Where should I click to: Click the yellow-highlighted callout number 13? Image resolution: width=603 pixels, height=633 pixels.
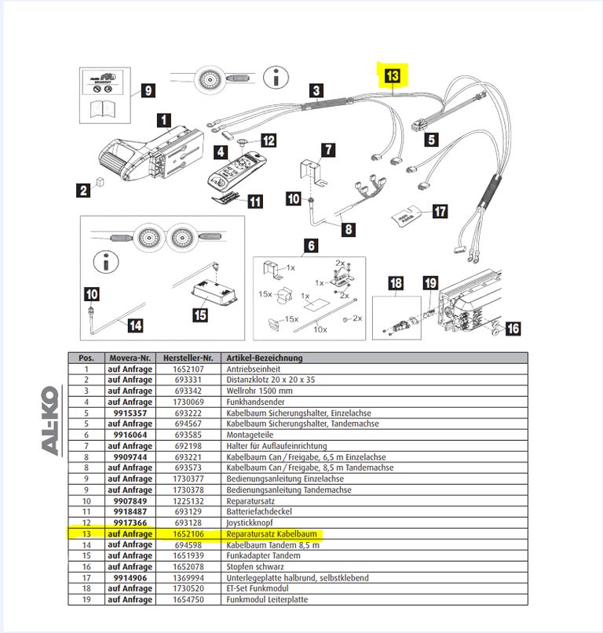tap(393, 75)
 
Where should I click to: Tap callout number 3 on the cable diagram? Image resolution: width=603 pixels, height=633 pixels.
tap(316, 90)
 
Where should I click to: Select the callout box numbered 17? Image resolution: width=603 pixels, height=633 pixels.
tap(440, 211)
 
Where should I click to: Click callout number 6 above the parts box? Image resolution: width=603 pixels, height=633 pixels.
tap(311, 246)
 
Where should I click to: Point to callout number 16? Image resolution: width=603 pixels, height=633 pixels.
tap(513, 328)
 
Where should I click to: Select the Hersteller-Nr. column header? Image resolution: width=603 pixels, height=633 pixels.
tap(188, 358)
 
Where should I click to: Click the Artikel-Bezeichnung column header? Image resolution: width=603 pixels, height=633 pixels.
tap(265, 358)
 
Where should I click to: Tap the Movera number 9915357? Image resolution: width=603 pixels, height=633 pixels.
tap(130, 413)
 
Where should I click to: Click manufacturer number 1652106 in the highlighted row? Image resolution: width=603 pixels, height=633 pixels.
tap(188, 533)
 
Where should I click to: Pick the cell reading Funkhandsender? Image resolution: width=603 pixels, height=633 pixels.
tap(255, 402)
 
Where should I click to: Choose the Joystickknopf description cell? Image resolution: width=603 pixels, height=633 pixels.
tap(250, 522)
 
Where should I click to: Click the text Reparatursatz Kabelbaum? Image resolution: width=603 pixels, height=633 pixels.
tap(272, 533)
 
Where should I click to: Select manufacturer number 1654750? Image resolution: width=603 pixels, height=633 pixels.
tap(188, 599)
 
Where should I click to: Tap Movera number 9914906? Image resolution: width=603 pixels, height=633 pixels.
tap(130, 577)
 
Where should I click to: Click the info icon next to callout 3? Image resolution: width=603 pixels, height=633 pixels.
tap(276, 77)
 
